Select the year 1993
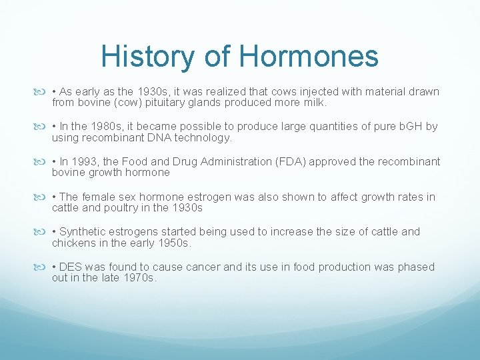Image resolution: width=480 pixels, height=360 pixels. click(91, 161)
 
